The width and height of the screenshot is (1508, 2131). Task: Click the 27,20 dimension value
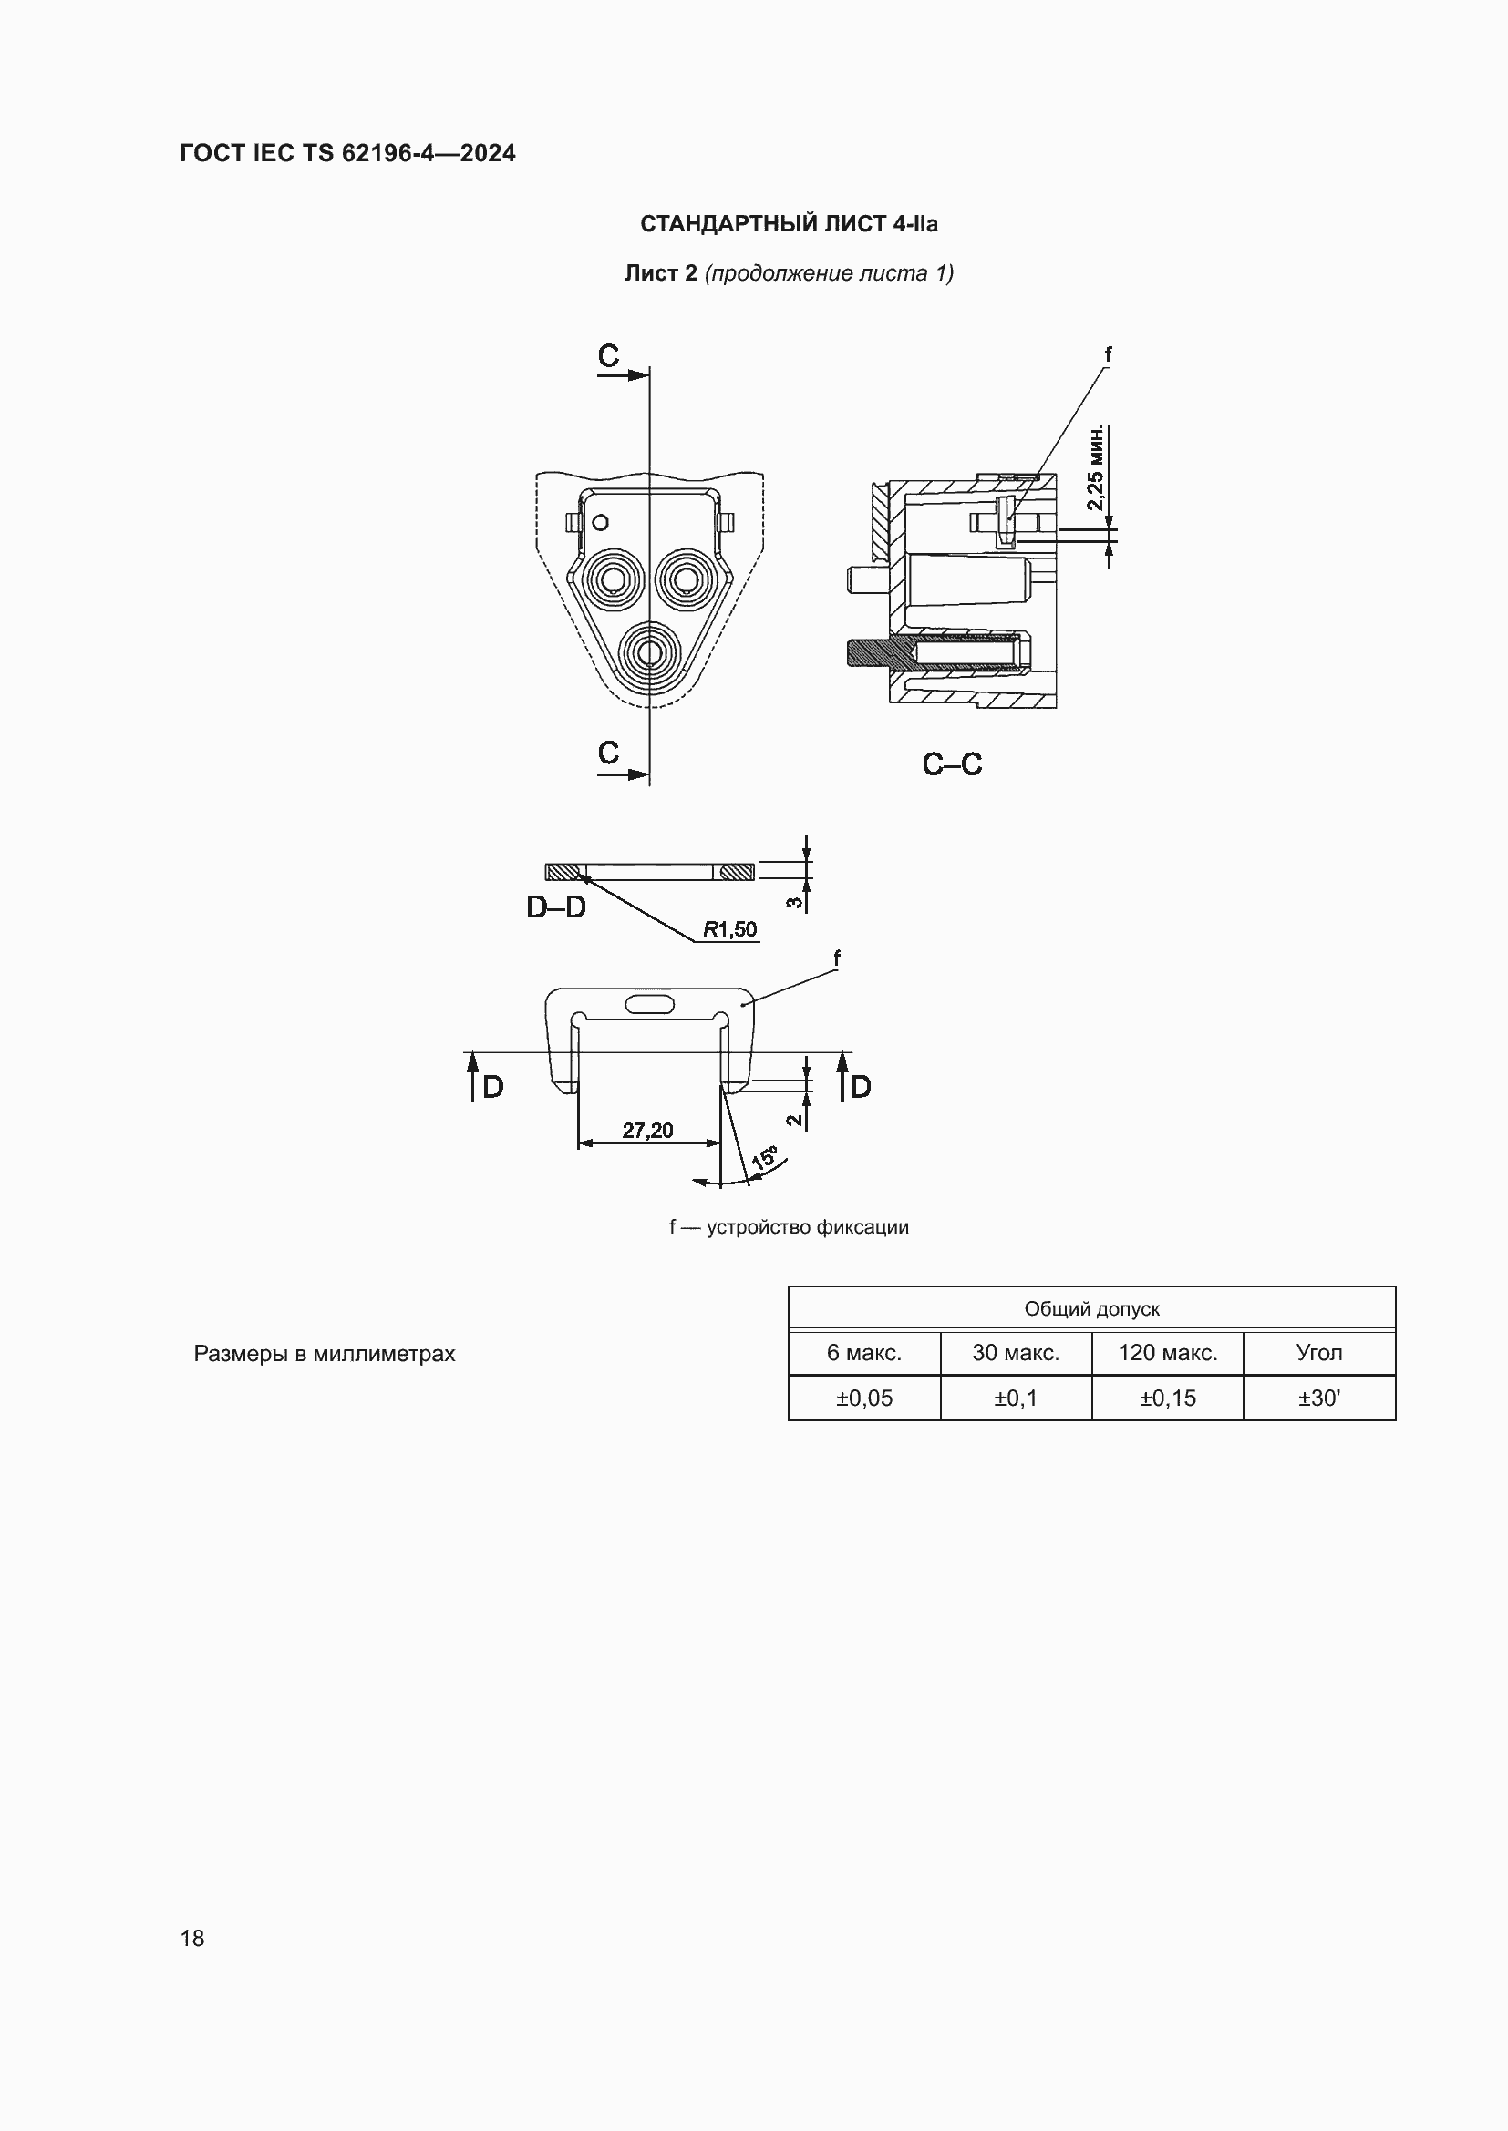point(647,1131)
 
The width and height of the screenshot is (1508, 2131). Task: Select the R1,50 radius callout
point(730,929)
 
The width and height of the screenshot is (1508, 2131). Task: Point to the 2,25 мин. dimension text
point(1096,467)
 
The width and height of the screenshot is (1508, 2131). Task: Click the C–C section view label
point(952,764)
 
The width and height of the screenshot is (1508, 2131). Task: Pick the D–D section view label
point(556,907)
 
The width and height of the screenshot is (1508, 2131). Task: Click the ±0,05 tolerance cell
point(863,1398)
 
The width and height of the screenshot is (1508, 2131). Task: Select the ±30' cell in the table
point(1318,1398)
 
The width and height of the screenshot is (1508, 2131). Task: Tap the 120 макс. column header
point(1167,1352)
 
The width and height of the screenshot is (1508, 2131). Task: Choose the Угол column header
point(1318,1353)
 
